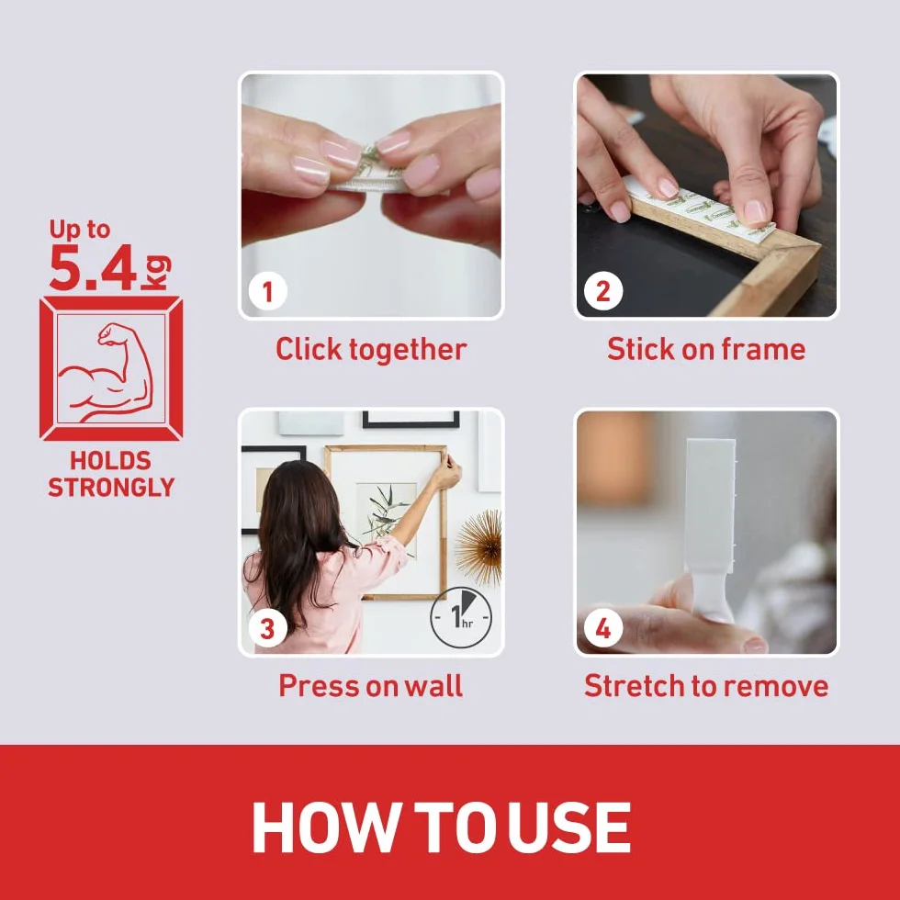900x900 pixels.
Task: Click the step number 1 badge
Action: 267,292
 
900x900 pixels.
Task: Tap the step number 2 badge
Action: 602,292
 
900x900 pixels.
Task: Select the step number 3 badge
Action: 267,628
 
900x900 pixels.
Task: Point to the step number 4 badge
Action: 602,628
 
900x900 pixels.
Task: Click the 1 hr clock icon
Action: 461,617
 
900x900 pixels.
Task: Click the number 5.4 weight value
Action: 94,267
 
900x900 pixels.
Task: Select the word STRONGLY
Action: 111,488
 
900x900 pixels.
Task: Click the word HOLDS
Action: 111,461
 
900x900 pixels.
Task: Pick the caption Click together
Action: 371,349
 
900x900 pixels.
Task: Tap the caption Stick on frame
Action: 706,349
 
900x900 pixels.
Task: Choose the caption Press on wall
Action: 371,685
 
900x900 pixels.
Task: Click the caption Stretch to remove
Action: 706,685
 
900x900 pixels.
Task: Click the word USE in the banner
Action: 569,827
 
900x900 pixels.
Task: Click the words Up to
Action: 79,230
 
